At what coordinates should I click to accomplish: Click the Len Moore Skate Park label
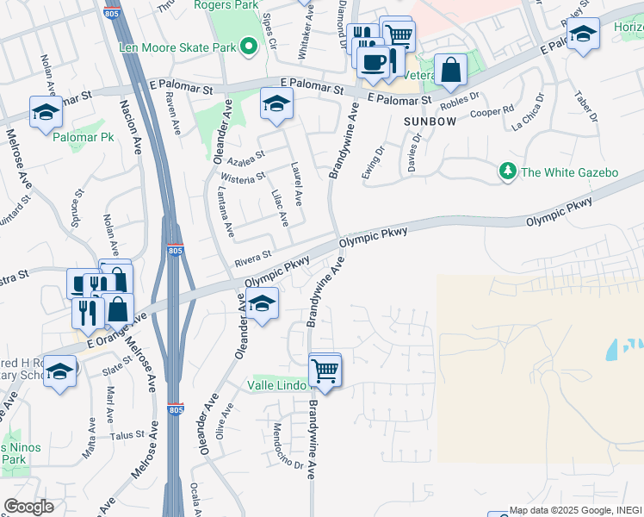tap(176, 47)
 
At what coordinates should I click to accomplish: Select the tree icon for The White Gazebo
tap(508, 172)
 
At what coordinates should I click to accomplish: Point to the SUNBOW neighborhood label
tap(429, 122)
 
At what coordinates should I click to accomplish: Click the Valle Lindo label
tap(278, 384)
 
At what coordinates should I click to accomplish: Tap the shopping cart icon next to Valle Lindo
tap(325, 371)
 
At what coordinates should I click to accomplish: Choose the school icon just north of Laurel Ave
tap(276, 104)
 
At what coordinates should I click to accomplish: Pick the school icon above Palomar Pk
tap(46, 111)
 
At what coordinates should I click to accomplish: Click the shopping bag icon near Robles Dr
tap(450, 69)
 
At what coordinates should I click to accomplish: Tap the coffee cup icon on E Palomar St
tap(374, 62)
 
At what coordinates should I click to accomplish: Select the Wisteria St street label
tap(244, 178)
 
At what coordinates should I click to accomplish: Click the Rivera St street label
tap(253, 256)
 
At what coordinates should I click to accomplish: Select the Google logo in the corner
tap(28, 507)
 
